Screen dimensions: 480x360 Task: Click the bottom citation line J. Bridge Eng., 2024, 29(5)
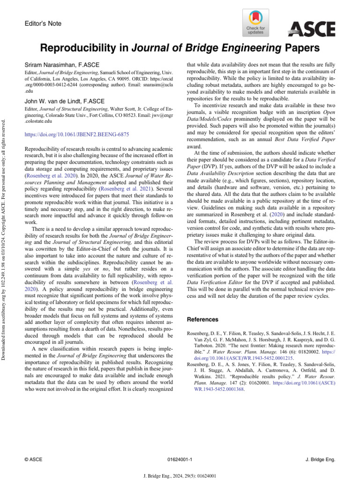coord(180,475)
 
